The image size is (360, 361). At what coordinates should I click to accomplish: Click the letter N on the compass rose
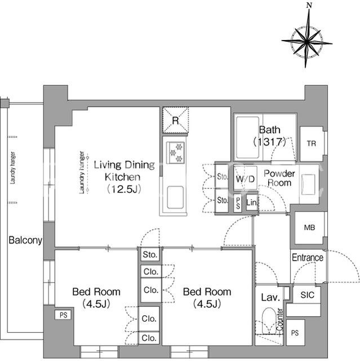[x=309, y=5]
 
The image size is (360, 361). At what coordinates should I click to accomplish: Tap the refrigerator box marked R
[x=175, y=120]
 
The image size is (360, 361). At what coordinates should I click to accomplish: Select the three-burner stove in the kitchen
[x=175, y=152]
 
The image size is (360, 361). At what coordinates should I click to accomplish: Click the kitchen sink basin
[x=175, y=197]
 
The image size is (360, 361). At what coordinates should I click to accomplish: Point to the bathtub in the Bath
[x=247, y=138]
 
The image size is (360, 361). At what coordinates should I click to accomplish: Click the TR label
[x=312, y=144]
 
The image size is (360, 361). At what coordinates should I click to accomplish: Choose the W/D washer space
[x=245, y=178]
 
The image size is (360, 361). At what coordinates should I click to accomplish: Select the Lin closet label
[x=251, y=202]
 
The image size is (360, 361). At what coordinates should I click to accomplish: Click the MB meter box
[x=310, y=228]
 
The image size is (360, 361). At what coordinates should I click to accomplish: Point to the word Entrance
[x=308, y=258]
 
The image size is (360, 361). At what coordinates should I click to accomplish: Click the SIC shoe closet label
[x=307, y=295]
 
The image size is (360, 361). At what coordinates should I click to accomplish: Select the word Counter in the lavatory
[x=279, y=319]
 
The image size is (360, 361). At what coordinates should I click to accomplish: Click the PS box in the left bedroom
[x=63, y=315]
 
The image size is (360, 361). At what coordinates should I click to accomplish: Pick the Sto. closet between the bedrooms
[x=150, y=254]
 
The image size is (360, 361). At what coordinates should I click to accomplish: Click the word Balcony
[x=25, y=240]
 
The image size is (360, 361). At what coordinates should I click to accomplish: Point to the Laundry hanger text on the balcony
[x=13, y=168]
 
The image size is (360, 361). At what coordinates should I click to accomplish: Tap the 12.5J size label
[x=124, y=190]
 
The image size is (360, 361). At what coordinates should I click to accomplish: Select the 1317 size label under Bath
[x=270, y=142]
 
